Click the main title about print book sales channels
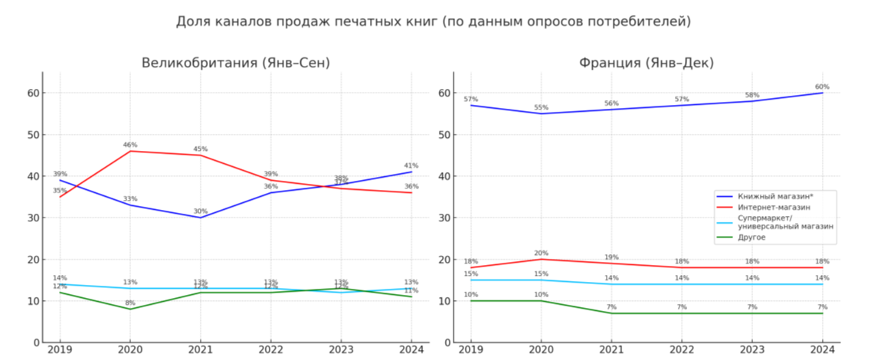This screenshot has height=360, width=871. click(x=433, y=21)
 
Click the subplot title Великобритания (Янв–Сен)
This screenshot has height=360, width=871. click(x=235, y=63)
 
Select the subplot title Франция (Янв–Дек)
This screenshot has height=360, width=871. click(x=647, y=63)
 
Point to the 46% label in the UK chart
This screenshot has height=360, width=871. click(x=130, y=145)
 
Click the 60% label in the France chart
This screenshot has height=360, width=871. click(x=822, y=87)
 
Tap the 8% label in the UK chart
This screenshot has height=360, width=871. click(x=130, y=303)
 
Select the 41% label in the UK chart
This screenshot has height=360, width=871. click(x=411, y=165)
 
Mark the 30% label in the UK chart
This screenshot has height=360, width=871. click(x=200, y=211)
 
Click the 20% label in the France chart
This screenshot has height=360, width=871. click(x=542, y=253)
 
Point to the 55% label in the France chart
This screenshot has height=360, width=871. click(x=542, y=107)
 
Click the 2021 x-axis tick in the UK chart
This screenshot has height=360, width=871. click(x=201, y=350)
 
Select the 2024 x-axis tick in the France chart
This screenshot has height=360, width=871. click(x=823, y=350)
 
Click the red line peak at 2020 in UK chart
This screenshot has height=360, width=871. click(x=130, y=151)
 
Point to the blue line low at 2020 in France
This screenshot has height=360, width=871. click(x=542, y=113)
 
